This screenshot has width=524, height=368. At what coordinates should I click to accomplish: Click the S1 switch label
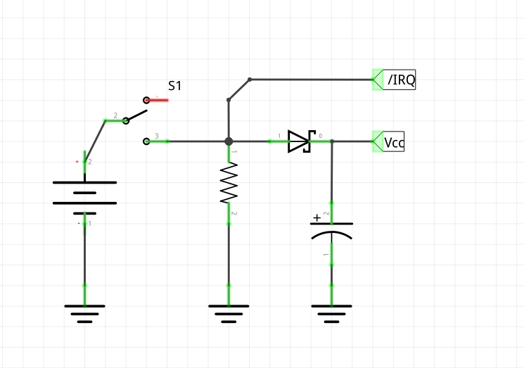[174, 86]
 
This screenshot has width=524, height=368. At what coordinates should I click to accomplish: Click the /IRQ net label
[401, 80]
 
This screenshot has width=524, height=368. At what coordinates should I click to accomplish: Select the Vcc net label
[394, 142]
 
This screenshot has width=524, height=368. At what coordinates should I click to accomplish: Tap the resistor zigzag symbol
[229, 183]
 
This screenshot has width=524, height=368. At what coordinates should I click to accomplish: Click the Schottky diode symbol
[300, 141]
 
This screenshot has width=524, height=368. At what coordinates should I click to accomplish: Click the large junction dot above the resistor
[229, 141]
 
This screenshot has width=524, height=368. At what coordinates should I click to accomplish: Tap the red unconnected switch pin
[158, 100]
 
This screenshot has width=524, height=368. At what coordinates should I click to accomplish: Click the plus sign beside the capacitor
[317, 217]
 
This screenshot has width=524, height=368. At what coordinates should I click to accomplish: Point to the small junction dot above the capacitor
[332, 141]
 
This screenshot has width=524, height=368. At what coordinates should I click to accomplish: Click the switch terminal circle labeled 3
[146, 141]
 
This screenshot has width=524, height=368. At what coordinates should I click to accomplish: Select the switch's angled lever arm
[136, 116]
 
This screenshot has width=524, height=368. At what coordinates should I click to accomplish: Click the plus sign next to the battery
[77, 162]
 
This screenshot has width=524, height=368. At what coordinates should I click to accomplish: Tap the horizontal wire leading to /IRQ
[309, 79]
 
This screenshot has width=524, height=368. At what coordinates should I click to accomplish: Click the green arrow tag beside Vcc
[376, 141]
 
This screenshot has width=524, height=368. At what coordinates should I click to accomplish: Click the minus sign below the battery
[78, 223]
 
